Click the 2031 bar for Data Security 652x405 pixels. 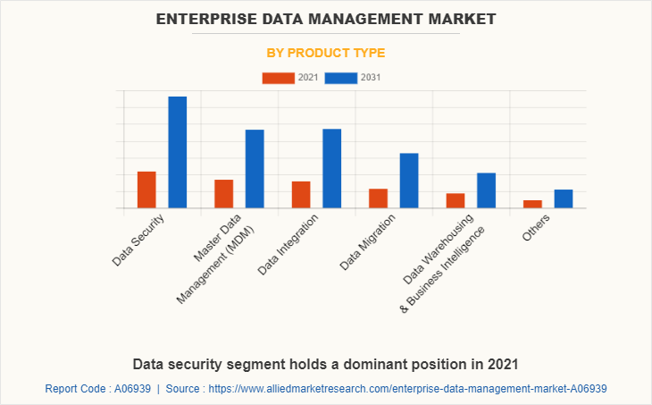(x=178, y=152)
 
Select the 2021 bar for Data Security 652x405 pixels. (x=146, y=190)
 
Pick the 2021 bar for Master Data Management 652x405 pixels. (x=223, y=194)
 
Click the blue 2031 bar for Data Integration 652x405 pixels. (x=331, y=168)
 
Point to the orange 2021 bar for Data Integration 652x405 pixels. (x=301, y=195)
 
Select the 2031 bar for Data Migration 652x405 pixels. (x=409, y=181)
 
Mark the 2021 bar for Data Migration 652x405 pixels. (x=378, y=198)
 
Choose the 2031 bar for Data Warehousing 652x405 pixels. (x=486, y=190)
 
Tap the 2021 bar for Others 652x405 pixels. (x=532, y=204)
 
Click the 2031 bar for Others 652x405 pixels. (x=563, y=198)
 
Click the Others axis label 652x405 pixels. (x=537, y=229)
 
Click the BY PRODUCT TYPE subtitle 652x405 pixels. (x=326, y=53)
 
